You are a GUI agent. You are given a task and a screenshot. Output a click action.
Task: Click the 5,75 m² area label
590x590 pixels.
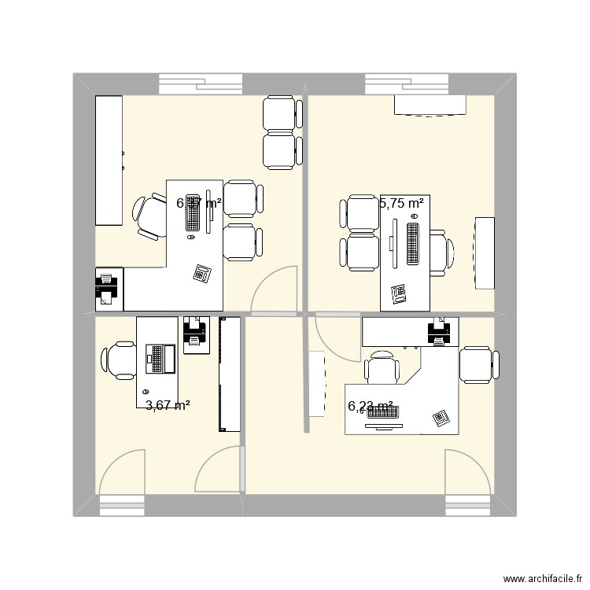[x=402, y=203]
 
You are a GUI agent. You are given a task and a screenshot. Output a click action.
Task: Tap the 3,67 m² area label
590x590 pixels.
[x=168, y=406]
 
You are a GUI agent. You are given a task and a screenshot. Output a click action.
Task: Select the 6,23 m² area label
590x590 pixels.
[x=371, y=407]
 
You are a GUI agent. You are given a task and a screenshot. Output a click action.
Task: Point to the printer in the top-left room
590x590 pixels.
[x=106, y=286]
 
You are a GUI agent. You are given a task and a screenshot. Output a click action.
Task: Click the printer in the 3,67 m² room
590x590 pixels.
[x=194, y=333]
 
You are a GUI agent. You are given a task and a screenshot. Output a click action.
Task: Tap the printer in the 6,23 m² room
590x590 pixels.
[x=440, y=331]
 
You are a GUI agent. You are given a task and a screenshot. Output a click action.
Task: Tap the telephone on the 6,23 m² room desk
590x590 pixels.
[x=441, y=419]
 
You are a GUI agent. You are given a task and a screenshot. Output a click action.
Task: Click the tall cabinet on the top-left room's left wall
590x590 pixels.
[x=109, y=161]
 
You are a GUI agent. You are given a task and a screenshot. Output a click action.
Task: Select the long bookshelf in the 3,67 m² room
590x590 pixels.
[x=229, y=374]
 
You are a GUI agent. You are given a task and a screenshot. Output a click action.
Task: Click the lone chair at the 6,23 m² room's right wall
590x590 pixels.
[x=478, y=366]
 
